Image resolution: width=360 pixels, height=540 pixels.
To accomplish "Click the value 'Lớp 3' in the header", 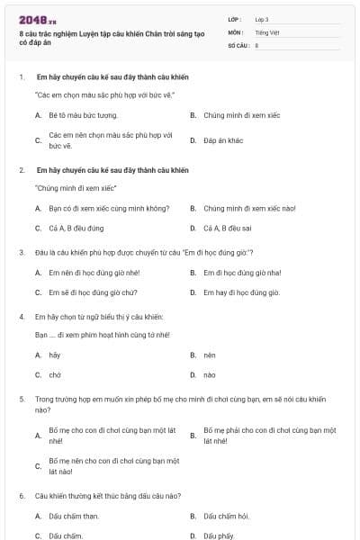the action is pyautogui.click(x=262, y=19).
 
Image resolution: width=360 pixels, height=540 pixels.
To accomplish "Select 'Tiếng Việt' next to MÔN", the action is pyautogui.click(x=267, y=31).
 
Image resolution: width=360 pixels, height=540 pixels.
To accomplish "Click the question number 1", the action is pyautogui.click(x=21, y=77).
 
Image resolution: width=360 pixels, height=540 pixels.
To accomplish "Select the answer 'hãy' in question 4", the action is pyautogui.click(x=55, y=355).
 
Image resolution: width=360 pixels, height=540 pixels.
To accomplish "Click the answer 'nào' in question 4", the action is pyautogui.click(x=209, y=375).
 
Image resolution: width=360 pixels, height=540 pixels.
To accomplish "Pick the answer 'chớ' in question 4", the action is pyautogui.click(x=55, y=375).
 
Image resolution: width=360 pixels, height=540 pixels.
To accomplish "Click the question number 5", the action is pyautogui.click(x=21, y=398).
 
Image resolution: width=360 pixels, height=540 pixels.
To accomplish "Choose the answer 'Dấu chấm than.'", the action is pyautogui.click(x=74, y=516).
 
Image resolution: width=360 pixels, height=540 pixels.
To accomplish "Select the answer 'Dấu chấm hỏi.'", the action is pyautogui.click(x=226, y=516).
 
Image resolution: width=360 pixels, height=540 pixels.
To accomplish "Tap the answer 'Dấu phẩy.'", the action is pyautogui.click(x=219, y=535).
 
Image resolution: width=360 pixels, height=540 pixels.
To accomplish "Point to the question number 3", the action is pyautogui.click(x=21, y=252).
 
